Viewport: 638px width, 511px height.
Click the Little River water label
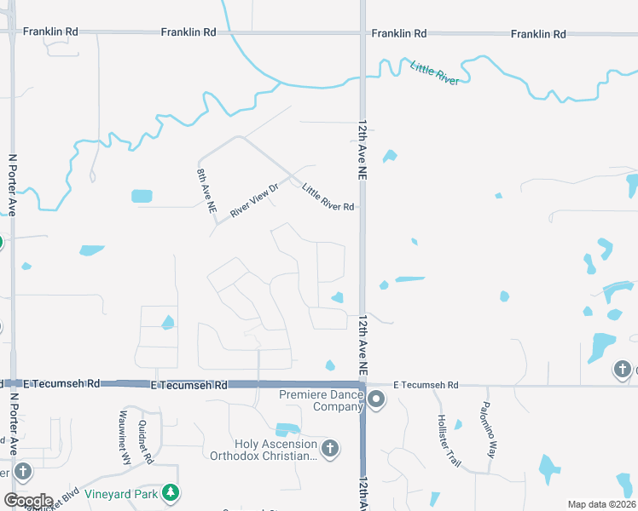tap(435, 73)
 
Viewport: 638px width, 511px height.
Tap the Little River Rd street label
tap(328, 196)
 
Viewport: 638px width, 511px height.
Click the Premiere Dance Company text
tap(321, 400)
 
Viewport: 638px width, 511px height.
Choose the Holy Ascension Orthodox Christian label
tap(264, 450)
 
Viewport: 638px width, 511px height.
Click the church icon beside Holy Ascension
tap(330, 447)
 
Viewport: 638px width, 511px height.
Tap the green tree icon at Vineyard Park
tap(171, 492)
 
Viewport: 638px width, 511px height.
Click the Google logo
tap(27, 500)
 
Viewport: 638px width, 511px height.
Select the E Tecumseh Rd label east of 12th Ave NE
tap(426, 385)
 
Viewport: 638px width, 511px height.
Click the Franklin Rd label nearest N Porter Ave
tap(50, 32)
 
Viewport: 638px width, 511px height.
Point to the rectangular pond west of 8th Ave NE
tap(142, 196)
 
